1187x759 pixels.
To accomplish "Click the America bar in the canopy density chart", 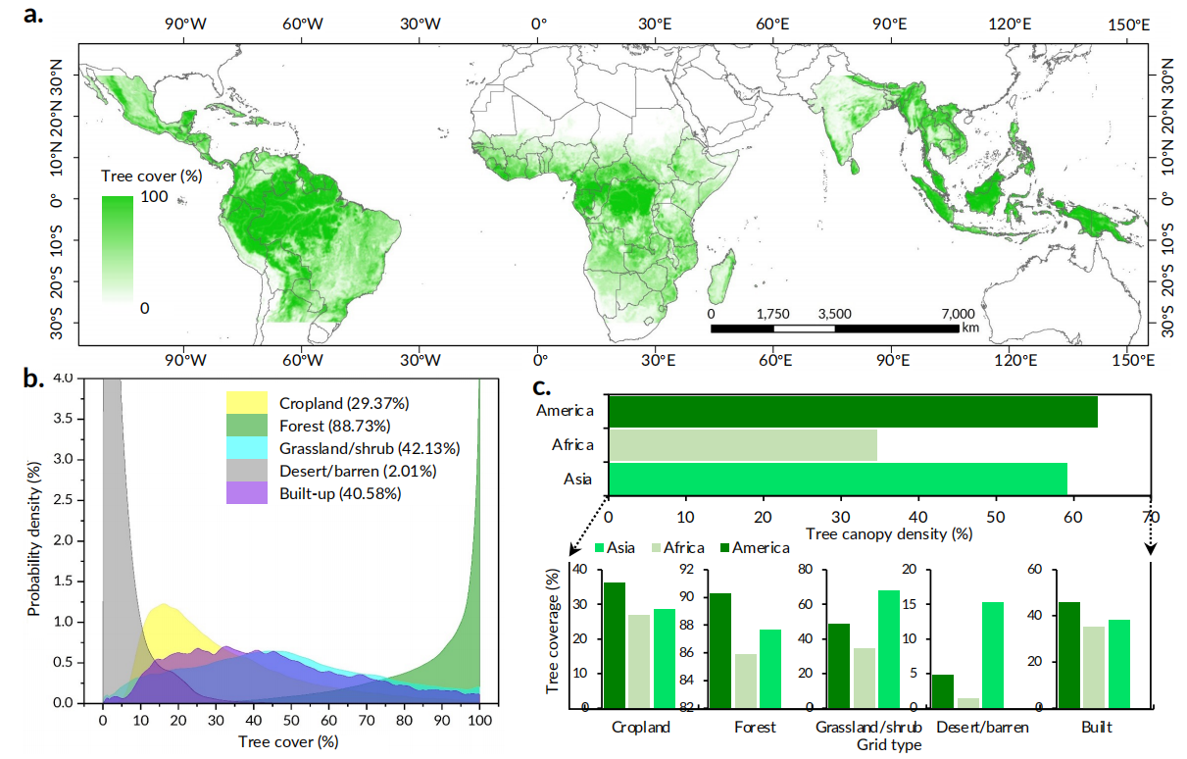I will click(852, 411).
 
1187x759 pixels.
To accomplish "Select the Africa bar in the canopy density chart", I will click(742, 445).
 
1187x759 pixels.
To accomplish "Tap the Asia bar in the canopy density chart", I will click(837, 480).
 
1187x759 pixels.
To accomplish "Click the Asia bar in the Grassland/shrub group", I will click(888, 648).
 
